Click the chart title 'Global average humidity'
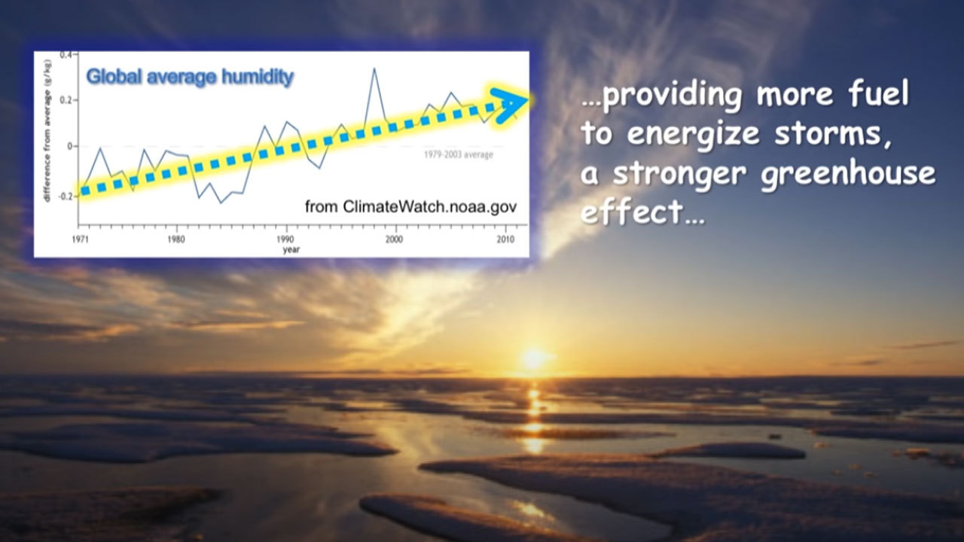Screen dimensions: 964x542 (190, 78)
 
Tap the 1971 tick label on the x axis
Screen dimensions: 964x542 (80, 239)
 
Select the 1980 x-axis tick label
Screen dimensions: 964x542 (176, 239)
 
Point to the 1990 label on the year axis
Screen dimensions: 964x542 (285, 239)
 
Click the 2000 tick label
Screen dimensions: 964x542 (394, 239)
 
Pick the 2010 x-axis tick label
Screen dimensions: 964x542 (505, 239)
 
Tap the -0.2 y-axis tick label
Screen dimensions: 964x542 (64, 196)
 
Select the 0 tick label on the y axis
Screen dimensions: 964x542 (69, 146)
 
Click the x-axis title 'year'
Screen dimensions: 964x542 (291, 249)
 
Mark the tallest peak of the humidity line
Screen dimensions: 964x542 (374, 69)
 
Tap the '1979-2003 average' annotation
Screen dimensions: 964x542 (459, 154)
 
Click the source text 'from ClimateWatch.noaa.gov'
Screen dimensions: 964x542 (411, 206)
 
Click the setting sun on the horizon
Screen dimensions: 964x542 (534, 357)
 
